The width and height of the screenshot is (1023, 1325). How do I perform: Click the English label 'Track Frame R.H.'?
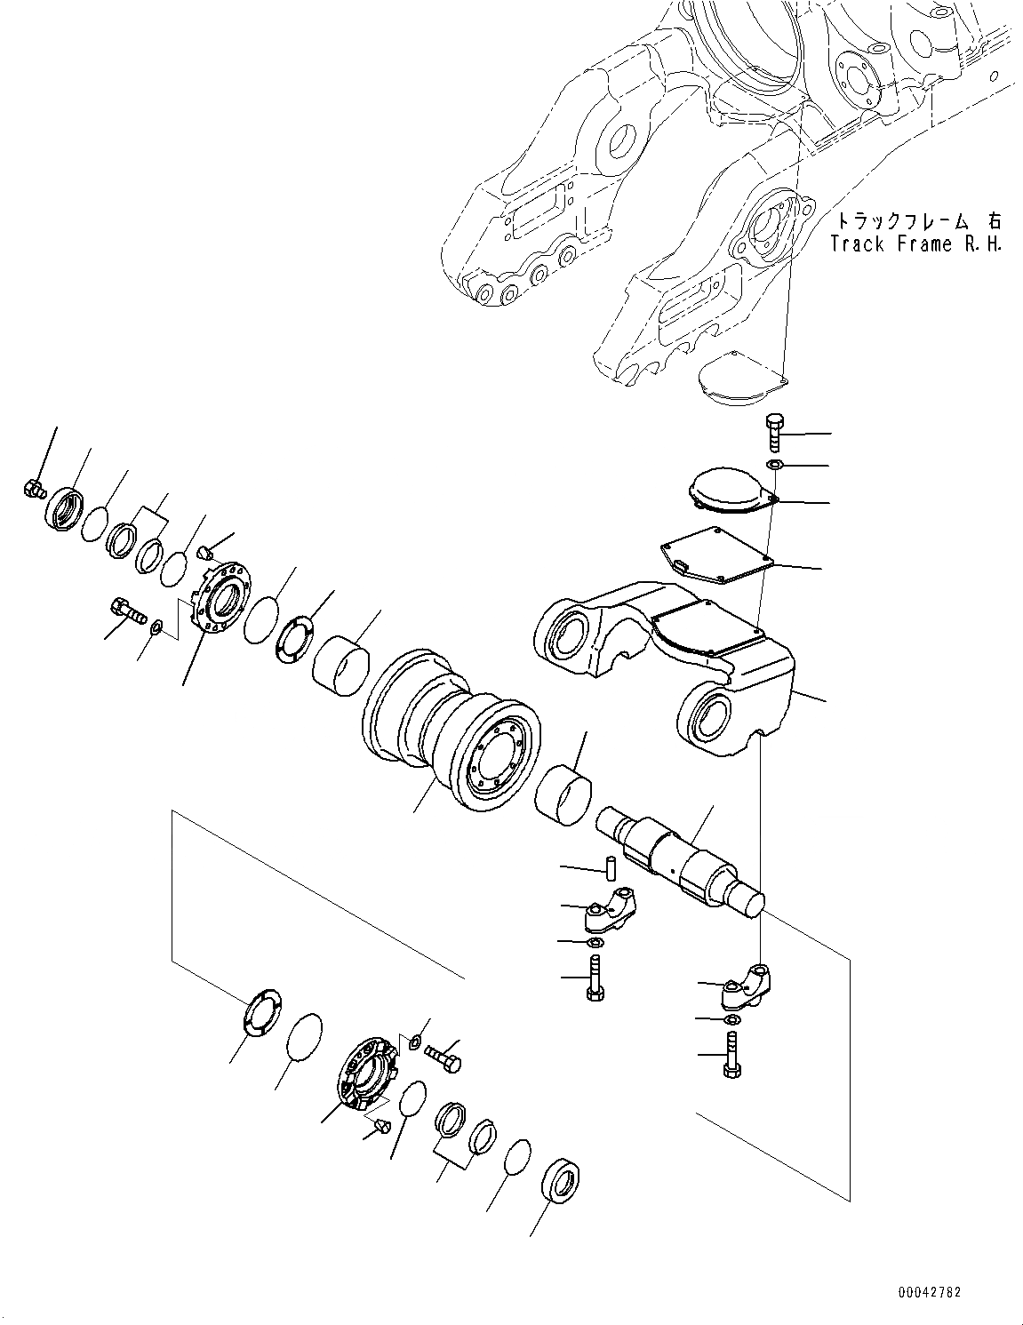tap(915, 243)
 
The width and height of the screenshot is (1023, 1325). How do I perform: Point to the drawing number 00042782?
tap(928, 1293)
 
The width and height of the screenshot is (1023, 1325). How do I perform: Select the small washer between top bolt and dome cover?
tap(774, 465)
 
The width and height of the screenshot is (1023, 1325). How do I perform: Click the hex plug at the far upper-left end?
tap(34, 487)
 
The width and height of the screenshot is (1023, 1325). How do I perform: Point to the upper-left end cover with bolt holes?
tap(220, 598)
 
